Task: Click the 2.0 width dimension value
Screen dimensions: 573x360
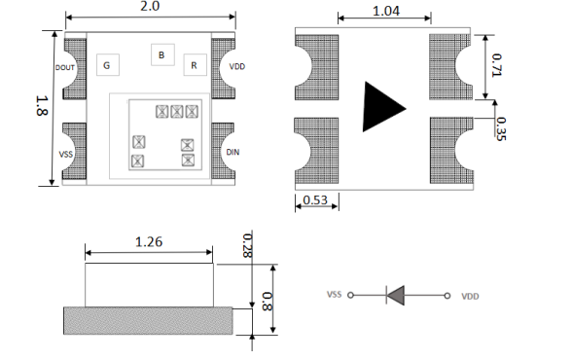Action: click(150, 6)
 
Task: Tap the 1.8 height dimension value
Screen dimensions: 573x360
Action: click(42, 106)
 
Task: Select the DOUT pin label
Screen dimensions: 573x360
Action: click(65, 67)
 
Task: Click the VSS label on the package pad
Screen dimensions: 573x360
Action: click(66, 155)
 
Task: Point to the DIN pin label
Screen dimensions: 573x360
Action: click(233, 152)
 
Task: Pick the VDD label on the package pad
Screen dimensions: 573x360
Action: click(236, 66)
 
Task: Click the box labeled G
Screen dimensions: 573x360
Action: click(108, 65)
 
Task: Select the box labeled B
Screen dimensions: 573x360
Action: click(162, 54)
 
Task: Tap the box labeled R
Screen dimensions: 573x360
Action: click(196, 65)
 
